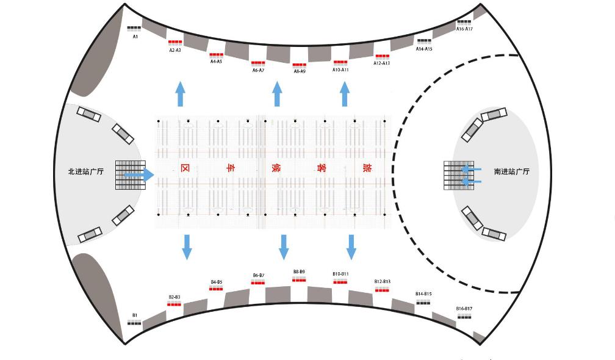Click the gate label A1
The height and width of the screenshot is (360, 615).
pos(135,37)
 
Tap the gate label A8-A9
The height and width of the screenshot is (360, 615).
pos(300,71)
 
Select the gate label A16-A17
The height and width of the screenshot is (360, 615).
pos(465,29)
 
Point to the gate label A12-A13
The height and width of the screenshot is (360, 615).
pos(382,63)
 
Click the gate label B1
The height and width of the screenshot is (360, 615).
pos(135,315)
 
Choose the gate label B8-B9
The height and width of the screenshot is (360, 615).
pos(299,272)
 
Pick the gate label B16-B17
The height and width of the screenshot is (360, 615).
pos(464,309)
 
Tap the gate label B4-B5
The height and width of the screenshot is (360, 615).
pos(217,282)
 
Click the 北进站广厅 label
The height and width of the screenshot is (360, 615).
pos(86,172)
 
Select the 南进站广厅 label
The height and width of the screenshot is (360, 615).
pos(512,172)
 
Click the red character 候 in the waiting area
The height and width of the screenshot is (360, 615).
pos(275,168)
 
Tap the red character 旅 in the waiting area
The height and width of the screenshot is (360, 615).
pos(367,168)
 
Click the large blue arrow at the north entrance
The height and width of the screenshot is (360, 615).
pos(140,175)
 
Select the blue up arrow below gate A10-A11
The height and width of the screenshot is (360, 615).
pos(345,94)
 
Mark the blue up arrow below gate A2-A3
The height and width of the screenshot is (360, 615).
pos(180,94)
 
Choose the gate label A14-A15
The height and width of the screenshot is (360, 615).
pos(424,49)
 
